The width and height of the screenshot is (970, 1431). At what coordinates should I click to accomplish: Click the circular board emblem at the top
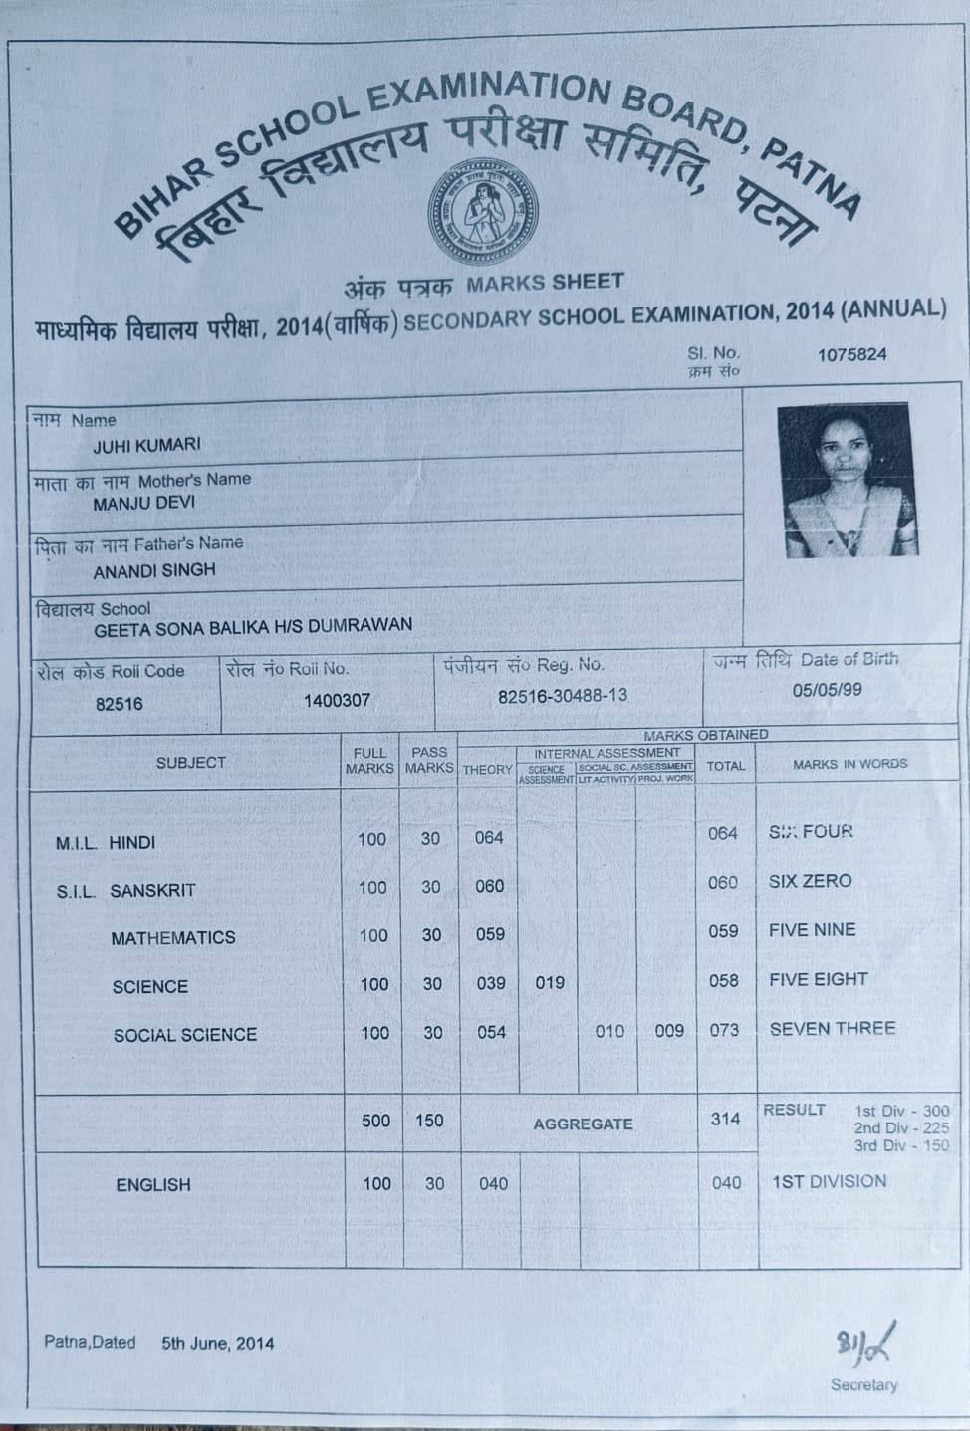pyautogui.click(x=483, y=211)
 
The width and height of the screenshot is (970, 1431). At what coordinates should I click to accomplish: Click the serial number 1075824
pyautogui.click(x=850, y=354)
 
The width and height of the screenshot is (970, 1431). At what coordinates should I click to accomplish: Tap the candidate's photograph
pyautogui.click(x=845, y=480)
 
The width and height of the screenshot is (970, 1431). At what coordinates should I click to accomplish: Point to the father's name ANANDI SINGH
pyautogui.click(x=153, y=571)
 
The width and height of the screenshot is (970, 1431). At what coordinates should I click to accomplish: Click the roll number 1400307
pyautogui.click(x=337, y=700)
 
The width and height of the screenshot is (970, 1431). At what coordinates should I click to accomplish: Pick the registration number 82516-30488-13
pyautogui.click(x=563, y=695)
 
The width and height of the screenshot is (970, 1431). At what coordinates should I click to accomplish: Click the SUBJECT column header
pyautogui.click(x=190, y=762)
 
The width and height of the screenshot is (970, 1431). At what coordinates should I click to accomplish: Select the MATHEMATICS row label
pyautogui.click(x=173, y=937)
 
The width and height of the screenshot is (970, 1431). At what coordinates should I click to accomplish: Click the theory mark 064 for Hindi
pyautogui.click(x=488, y=837)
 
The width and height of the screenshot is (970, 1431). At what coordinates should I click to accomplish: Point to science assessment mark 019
pyautogui.click(x=549, y=982)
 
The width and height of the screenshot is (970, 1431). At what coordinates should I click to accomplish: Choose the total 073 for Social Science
pyautogui.click(x=724, y=1029)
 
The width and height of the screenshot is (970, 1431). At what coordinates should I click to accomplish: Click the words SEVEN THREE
pyautogui.click(x=832, y=1028)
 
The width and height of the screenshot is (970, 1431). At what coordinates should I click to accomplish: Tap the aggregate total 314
pyautogui.click(x=725, y=1119)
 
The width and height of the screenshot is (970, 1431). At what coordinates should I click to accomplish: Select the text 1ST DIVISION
pyautogui.click(x=829, y=1181)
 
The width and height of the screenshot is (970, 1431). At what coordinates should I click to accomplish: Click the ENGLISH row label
pyautogui.click(x=152, y=1184)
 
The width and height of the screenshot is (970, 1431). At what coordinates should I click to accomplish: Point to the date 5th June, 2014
pyautogui.click(x=217, y=1343)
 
